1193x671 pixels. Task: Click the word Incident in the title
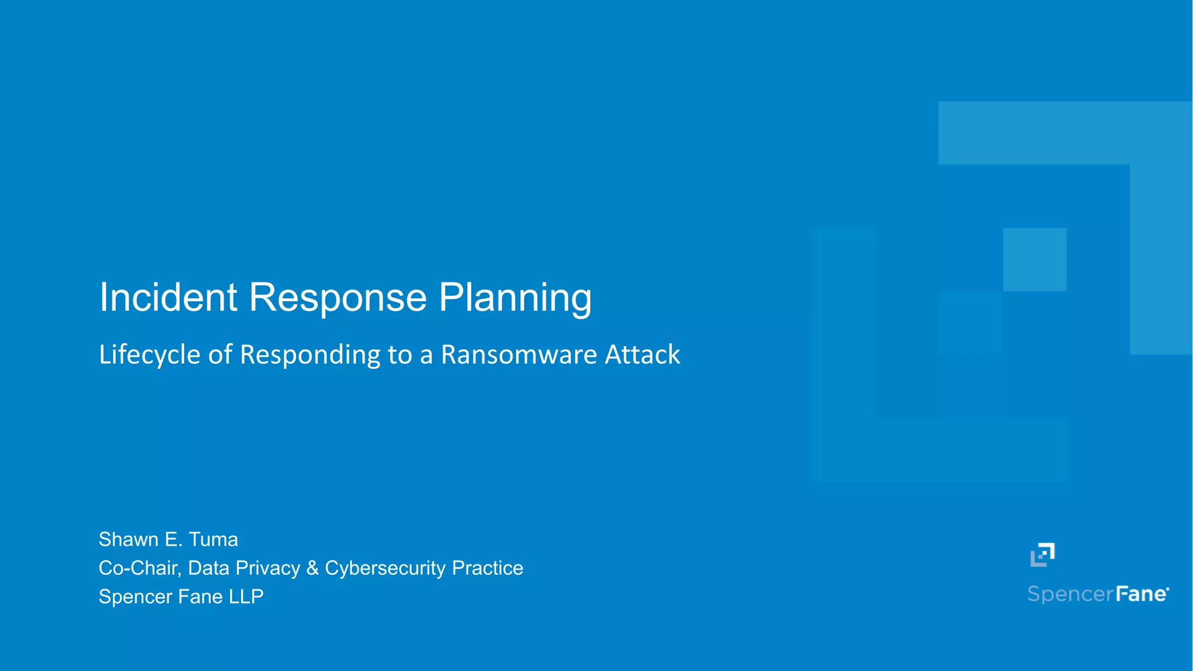168,298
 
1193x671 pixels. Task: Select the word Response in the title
338,298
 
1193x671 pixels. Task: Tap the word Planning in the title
515,298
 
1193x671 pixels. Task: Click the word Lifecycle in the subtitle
150,355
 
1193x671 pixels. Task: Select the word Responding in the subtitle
310,355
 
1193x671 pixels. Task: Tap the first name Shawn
128,539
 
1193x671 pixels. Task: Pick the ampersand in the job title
313,568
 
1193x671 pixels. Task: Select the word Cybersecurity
385,568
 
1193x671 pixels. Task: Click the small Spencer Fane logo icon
1042,555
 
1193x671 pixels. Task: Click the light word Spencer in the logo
1070,594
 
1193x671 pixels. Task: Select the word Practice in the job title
488,568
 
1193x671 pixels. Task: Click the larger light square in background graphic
1035,259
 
